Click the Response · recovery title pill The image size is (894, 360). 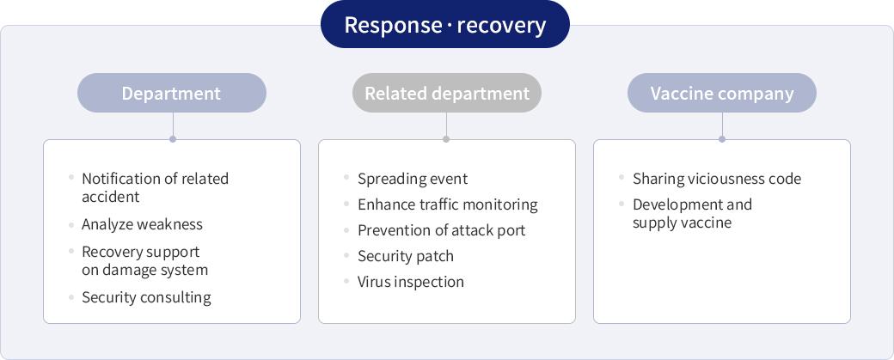click(x=444, y=25)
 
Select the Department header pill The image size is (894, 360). click(x=172, y=93)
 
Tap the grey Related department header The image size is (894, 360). click(x=447, y=93)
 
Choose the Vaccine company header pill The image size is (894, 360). click(x=722, y=93)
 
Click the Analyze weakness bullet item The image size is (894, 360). click(x=142, y=224)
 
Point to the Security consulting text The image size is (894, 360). click(x=146, y=297)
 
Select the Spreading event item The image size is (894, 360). click(x=413, y=179)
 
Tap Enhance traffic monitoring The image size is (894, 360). click(x=448, y=204)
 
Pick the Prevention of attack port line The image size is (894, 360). click(x=441, y=230)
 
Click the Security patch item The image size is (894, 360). click(x=406, y=256)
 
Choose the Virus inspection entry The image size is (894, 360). click(x=411, y=282)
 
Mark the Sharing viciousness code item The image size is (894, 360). click(x=717, y=179)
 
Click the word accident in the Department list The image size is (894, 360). click(x=111, y=197)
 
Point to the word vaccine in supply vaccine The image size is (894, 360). click(x=704, y=223)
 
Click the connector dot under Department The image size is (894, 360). click(x=173, y=139)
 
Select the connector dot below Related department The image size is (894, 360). click(x=446, y=139)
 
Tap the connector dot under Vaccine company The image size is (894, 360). click(x=722, y=139)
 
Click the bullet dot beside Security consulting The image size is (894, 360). click(x=71, y=296)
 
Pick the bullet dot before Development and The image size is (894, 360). click(x=622, y=204)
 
